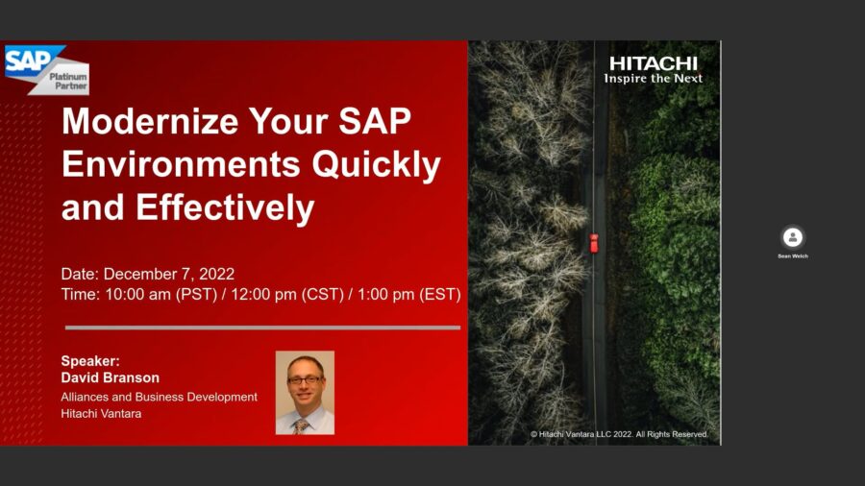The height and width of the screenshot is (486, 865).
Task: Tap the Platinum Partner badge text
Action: (68, 81)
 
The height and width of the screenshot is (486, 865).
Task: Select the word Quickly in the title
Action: (376, 165)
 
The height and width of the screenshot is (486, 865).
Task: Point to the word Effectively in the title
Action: (225, 207)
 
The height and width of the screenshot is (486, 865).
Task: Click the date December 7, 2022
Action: (169, 274)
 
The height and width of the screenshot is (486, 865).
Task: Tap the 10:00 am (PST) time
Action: (161, 294)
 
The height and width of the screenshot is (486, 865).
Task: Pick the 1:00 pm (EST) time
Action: (409, 294)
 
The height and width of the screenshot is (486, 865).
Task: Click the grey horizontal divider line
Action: (262, 328)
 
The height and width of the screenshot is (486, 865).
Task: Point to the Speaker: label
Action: (90, 361)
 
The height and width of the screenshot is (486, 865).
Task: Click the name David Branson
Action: (111, 377)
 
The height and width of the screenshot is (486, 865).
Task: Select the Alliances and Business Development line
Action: (159, 397)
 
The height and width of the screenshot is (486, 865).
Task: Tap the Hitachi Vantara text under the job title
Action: (101, 413)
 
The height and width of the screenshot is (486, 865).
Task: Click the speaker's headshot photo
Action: (305, 393)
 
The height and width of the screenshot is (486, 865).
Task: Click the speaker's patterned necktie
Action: (301, 425)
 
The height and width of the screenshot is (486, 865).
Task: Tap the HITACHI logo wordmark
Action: (654, 63)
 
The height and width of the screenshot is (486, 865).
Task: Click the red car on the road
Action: (594, 243)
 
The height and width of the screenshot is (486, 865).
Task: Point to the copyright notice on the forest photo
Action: (619, 434)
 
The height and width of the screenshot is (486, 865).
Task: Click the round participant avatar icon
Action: (793, 237)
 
